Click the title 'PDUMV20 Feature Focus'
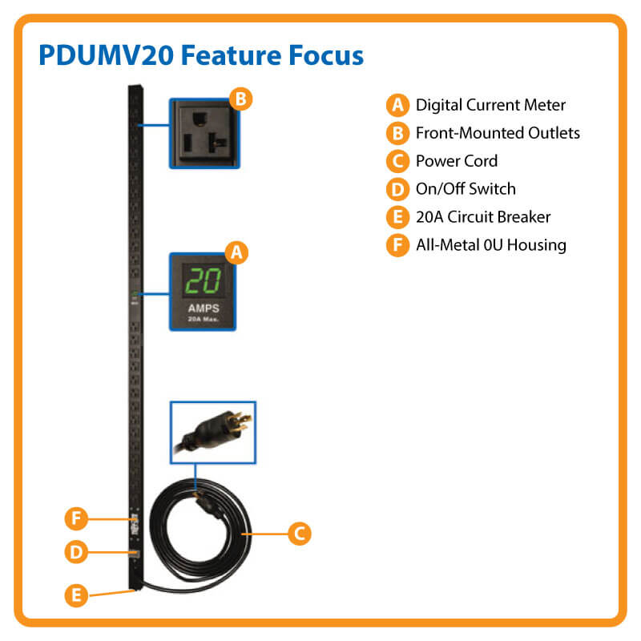point(201,55)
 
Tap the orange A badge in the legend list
point(397,105)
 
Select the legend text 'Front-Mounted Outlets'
point(498,133)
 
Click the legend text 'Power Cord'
point(456,161)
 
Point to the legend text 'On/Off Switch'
point(466,189)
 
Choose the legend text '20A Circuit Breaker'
point(482,217)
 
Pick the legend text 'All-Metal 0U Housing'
point(490,245)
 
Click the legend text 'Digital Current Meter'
point(490,105)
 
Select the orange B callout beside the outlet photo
point(240,99)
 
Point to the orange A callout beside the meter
point(236,253)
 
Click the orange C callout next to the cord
point(298,533)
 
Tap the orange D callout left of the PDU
point(75,552)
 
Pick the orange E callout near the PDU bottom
point(75,595)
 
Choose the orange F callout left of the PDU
point(75,518)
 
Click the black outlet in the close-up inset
point(204,133)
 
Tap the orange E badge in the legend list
point(397,217)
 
